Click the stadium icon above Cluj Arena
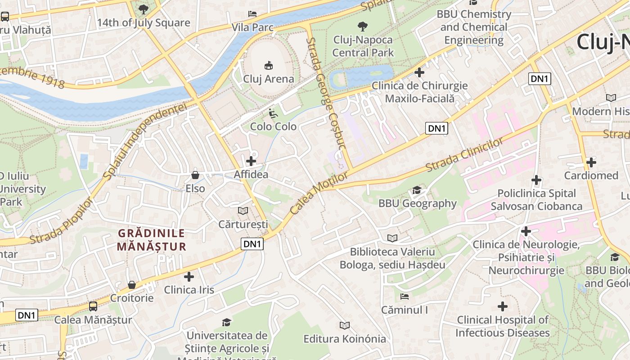tap(269, 66)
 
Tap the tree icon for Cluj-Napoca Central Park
tap(362, 27)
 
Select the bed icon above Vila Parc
tap(252, 14)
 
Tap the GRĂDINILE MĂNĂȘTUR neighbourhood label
tap(151, 240)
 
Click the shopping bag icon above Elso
tap(195, 175)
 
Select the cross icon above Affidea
tap(251, 161)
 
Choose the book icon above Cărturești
tap(243, 211)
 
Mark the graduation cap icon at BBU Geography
tap(417, 190)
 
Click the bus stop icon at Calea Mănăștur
tap(93, 306)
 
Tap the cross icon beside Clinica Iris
tap(189, 276)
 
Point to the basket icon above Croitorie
tap(132, 285)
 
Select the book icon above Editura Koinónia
tap(345, 325)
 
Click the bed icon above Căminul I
tap(405, 297)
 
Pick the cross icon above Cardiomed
tap(591, 162)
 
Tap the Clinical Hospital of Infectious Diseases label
tap(503, 326)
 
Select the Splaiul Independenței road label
tap(145, 141)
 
